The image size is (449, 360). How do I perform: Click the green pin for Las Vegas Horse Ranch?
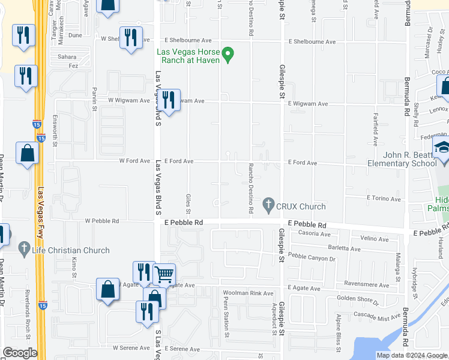click(x=228, y=55)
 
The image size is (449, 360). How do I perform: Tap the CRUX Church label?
click(x=301, y=206)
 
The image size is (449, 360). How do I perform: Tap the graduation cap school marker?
click(x=442, y=148)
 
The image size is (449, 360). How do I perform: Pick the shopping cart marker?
click(x=164, y=275)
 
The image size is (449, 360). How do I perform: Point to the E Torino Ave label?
click(x=383, y=199)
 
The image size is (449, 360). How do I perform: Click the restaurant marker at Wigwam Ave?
click(x=168, y=100)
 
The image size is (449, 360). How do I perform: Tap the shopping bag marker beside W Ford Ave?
click(x=28, y=154)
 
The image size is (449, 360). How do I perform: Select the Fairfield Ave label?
click(x=376, y=129)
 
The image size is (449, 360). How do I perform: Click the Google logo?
click(x=20, y=353)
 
